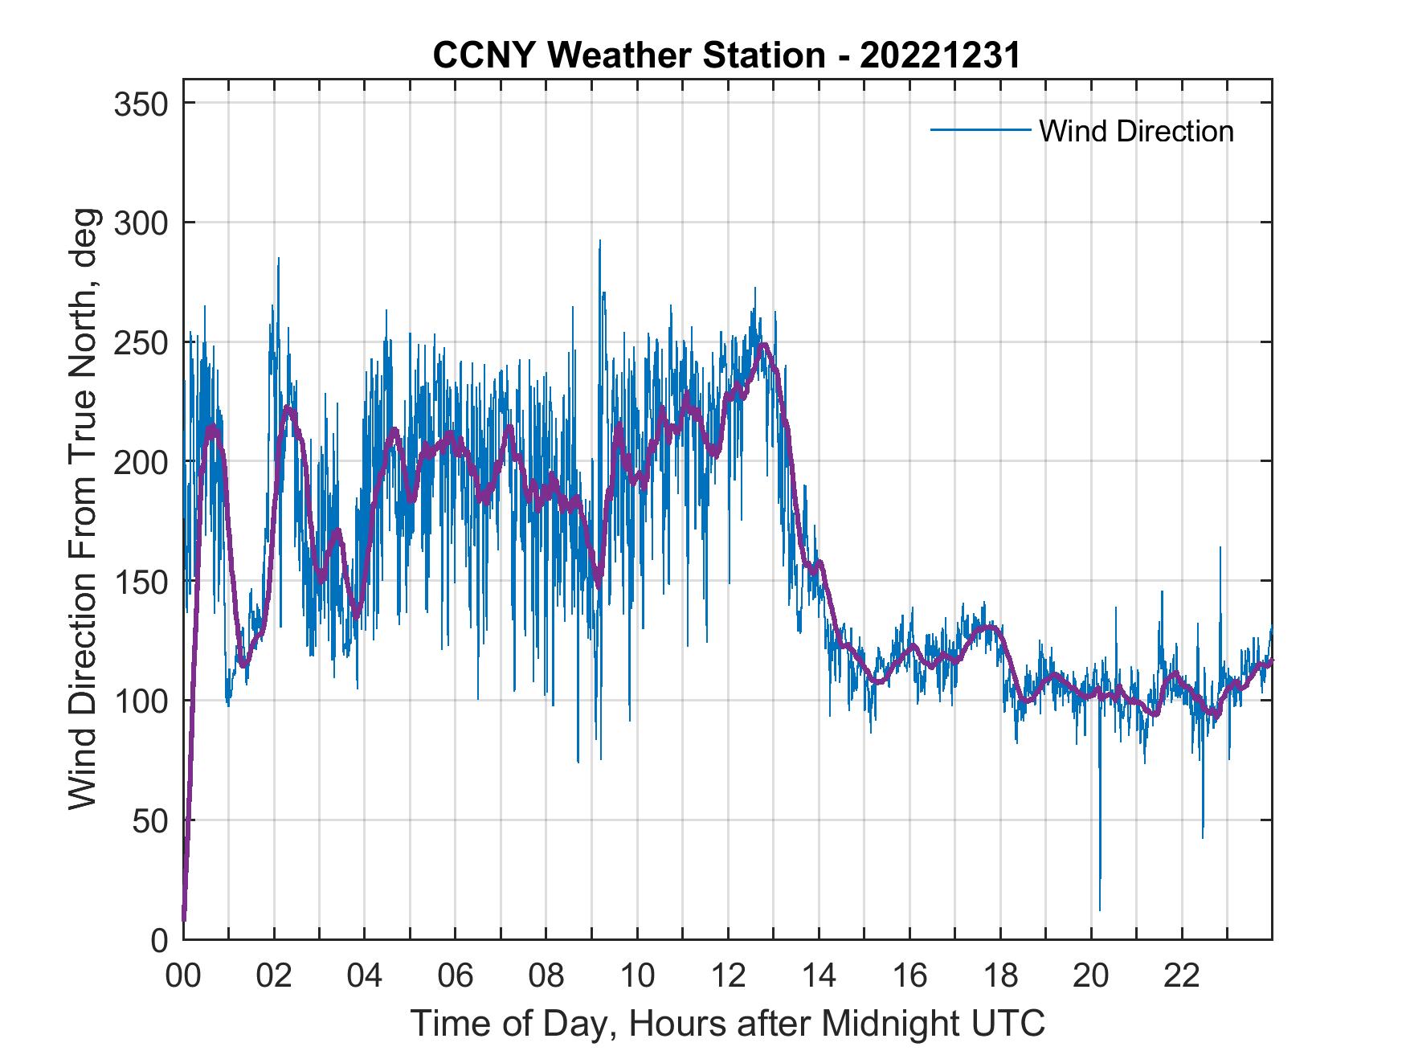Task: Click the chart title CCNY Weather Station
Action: (x=726, y=55)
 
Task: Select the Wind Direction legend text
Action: (x=1136, y=131)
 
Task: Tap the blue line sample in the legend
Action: (x=979, y=130)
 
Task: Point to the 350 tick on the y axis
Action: (x=140, y=104)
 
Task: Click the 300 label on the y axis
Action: (x=140, y=223)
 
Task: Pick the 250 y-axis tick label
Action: (x=140, y=342)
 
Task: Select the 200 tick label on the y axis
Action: (x=140, y=462)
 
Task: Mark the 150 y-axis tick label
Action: (x=140, y=581)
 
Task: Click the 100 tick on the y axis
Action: (x=140, y=701)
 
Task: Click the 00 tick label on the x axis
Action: (x=183, y=976)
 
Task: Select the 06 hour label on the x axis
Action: (x=456, y=976)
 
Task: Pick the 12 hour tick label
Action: (x=728, y=976)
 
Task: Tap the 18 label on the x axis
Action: (x=1000, y=976)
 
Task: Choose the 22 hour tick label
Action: (x=1182, y=976)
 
